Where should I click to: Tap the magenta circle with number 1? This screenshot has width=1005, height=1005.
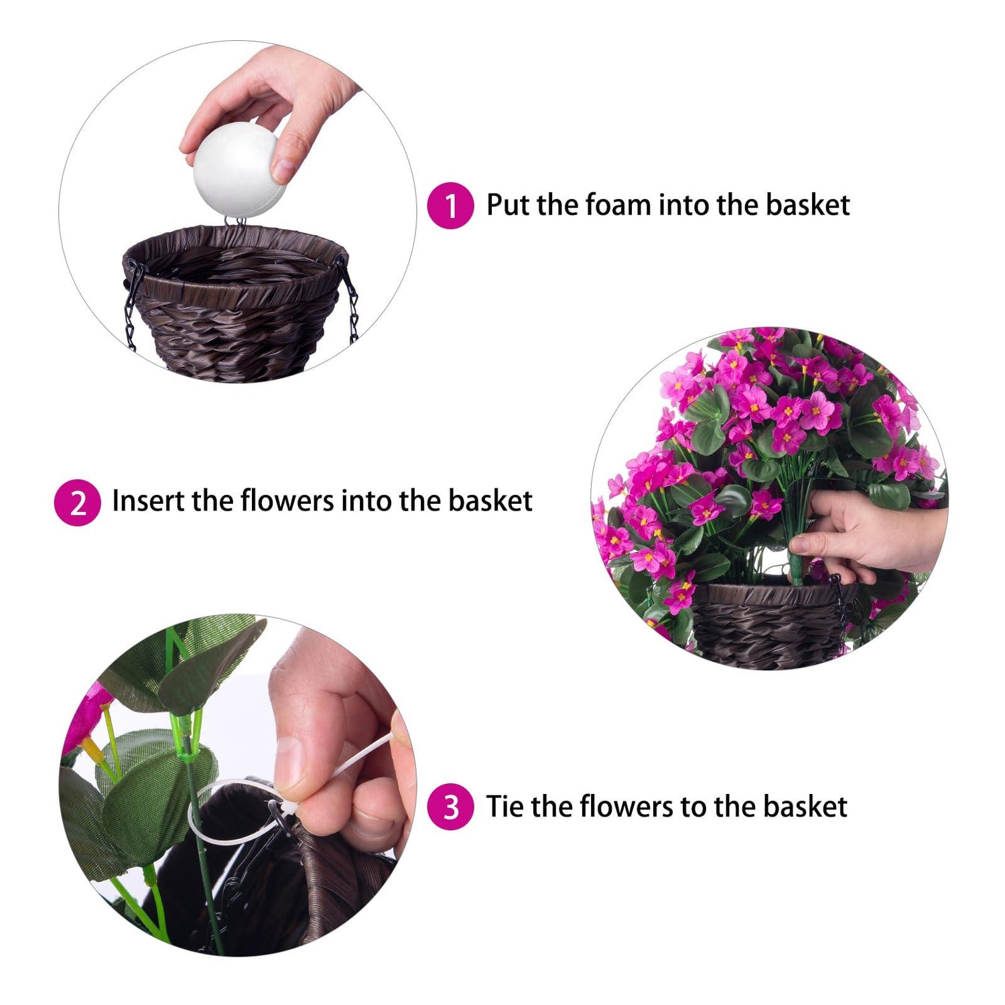point(450,205)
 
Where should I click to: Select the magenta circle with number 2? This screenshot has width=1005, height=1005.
point(77,503)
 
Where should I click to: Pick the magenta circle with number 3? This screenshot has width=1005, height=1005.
point(450,807)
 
